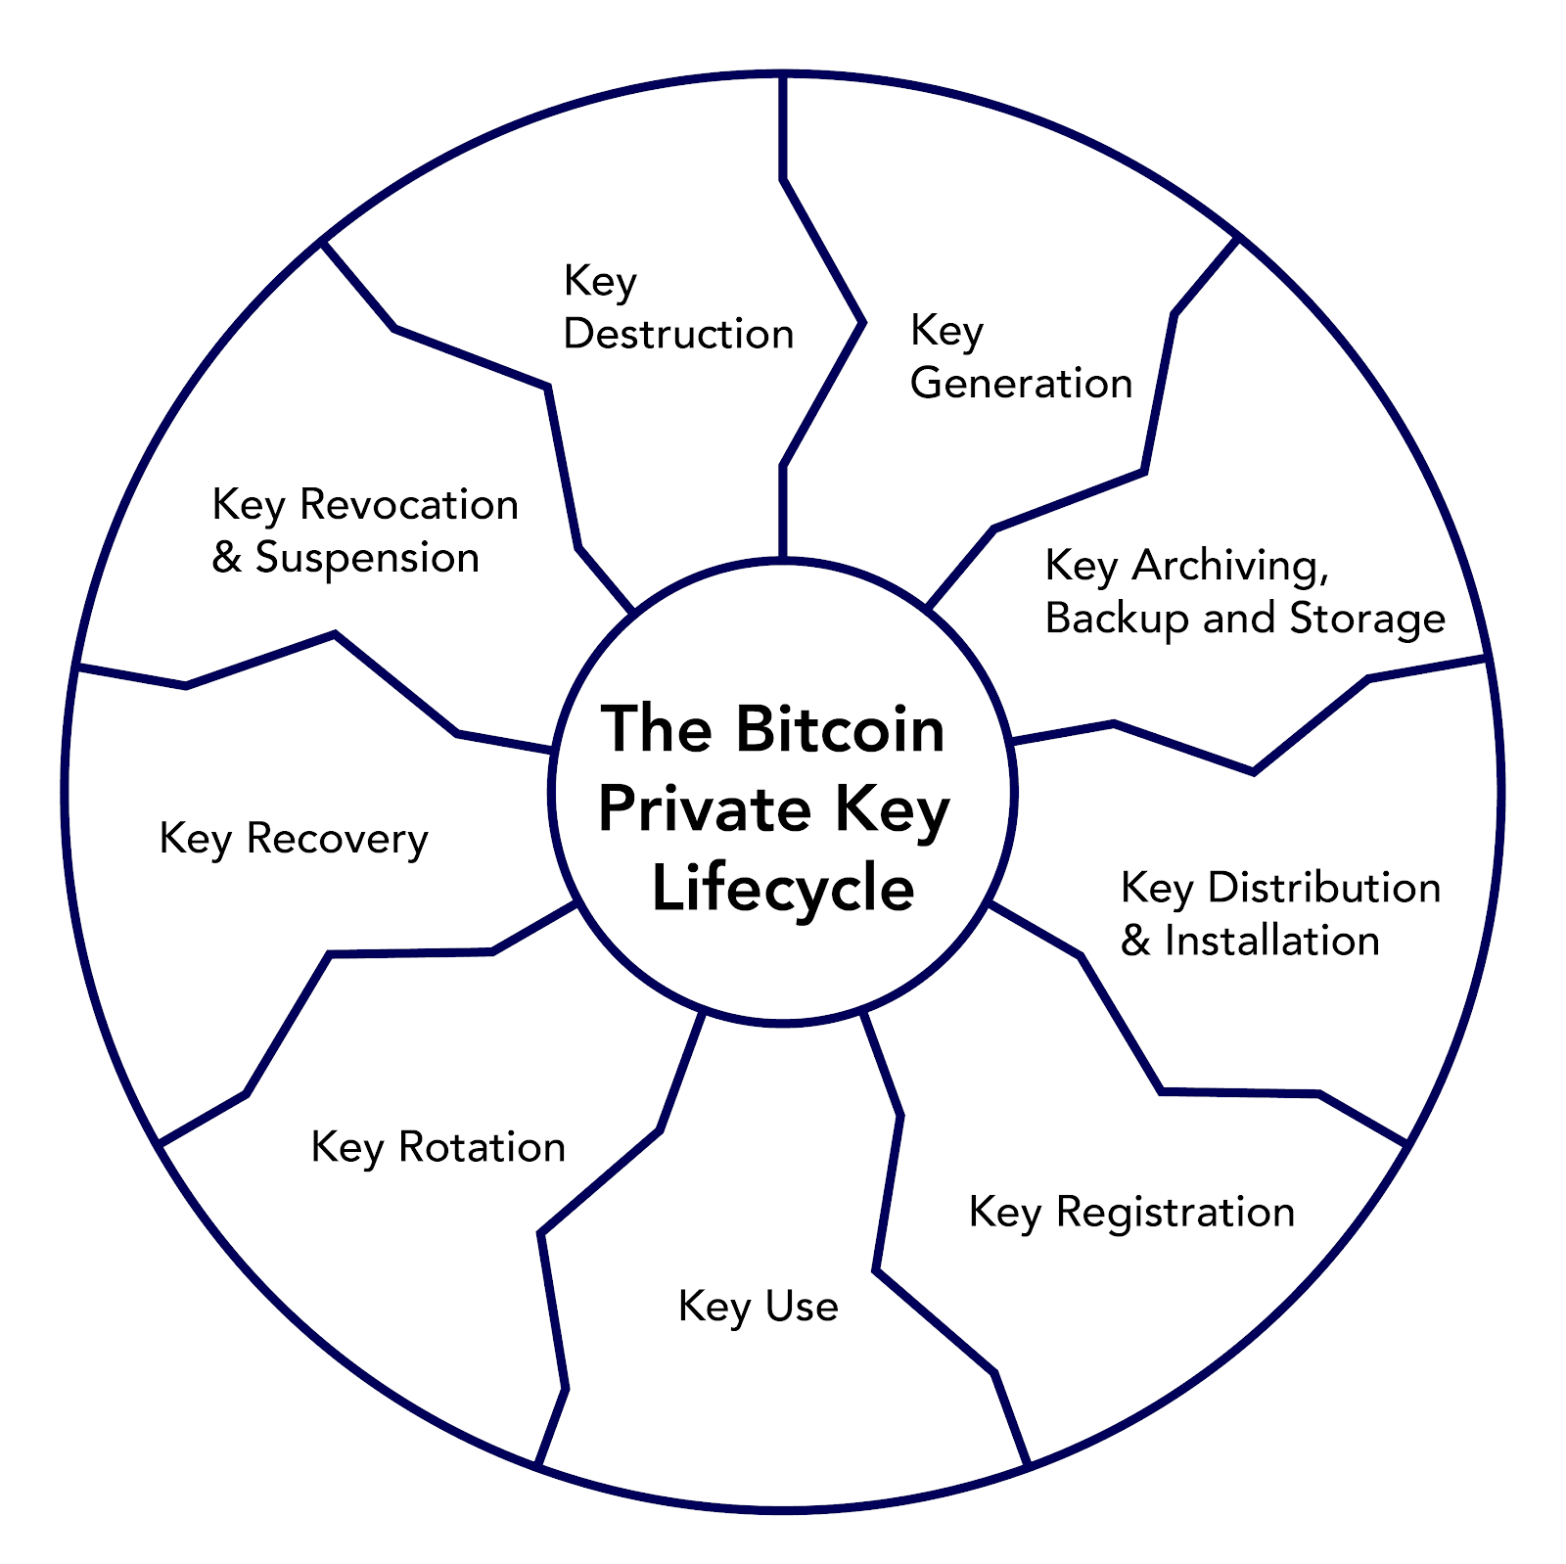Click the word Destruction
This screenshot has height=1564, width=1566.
click(x=678, y=335)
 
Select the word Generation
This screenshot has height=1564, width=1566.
click(x=1021, y=383)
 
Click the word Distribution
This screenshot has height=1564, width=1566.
click(x=1324, y=888)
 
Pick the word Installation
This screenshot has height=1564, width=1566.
click(x=1271, y=941)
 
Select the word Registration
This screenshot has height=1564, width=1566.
click(x=1174, y=1212)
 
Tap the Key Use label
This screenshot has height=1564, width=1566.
click(x=758, y=1307)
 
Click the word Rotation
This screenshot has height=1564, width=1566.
click(x=482, y=1147)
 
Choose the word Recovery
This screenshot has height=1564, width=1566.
click(x=337, y=839)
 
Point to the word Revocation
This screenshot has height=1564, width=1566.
click(x=408, y=505)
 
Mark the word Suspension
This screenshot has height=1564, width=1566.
click(x=367, y=558)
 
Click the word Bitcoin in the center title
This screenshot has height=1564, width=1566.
click(x=840, y=729)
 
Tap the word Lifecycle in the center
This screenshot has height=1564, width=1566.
click(x=783, y=889)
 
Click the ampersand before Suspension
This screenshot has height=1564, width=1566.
click(x=226, y=558)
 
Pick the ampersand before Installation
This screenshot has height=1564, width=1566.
click(x=1135, y=941)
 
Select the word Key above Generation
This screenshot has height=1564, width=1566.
click(x=945, y=331)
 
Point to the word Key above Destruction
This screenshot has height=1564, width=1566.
click(x=599, y=282)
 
